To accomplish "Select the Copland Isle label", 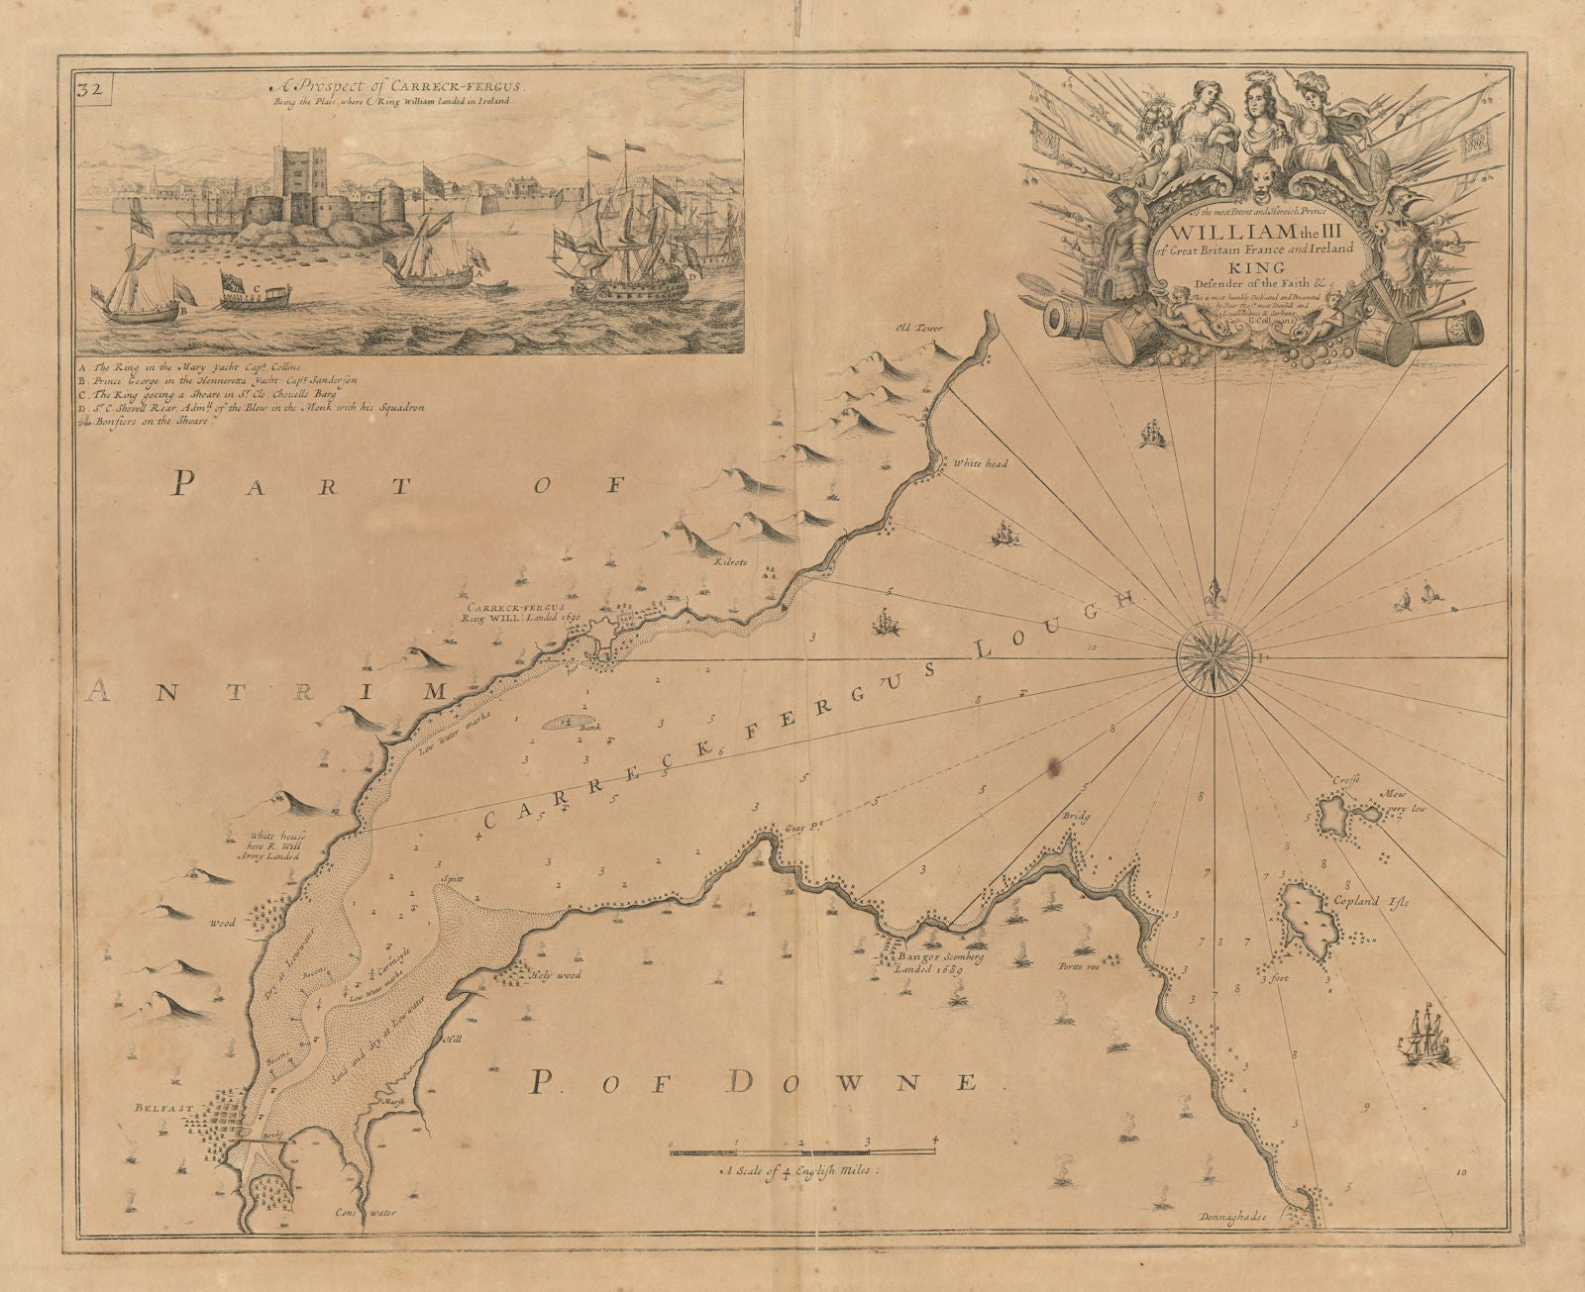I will [1377, 902].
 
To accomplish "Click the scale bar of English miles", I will [801, 1149].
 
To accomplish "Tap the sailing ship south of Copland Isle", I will [1427, 1036].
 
